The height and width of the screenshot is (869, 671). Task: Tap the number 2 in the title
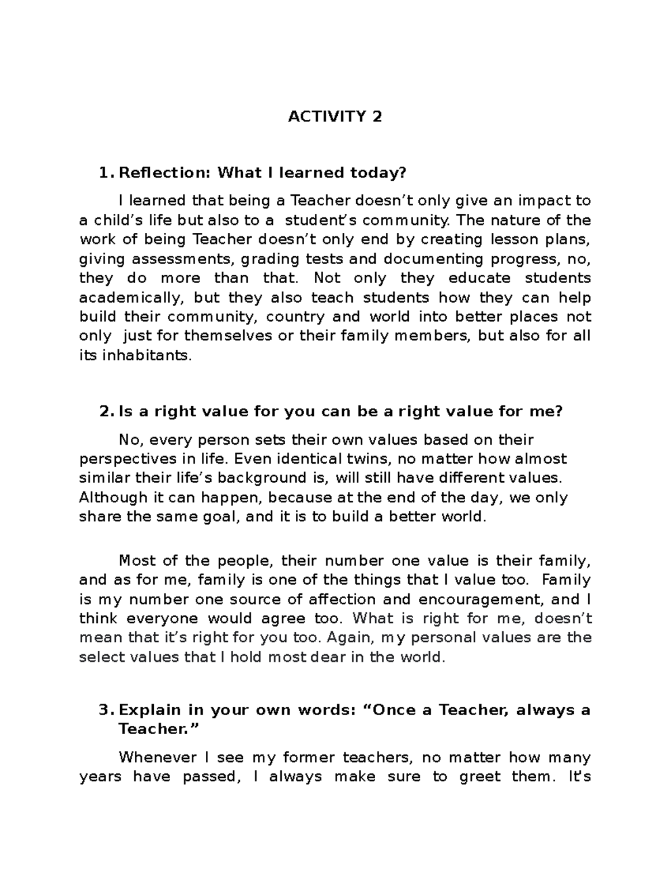(377, 117)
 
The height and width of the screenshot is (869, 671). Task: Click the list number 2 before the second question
(105, 412)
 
